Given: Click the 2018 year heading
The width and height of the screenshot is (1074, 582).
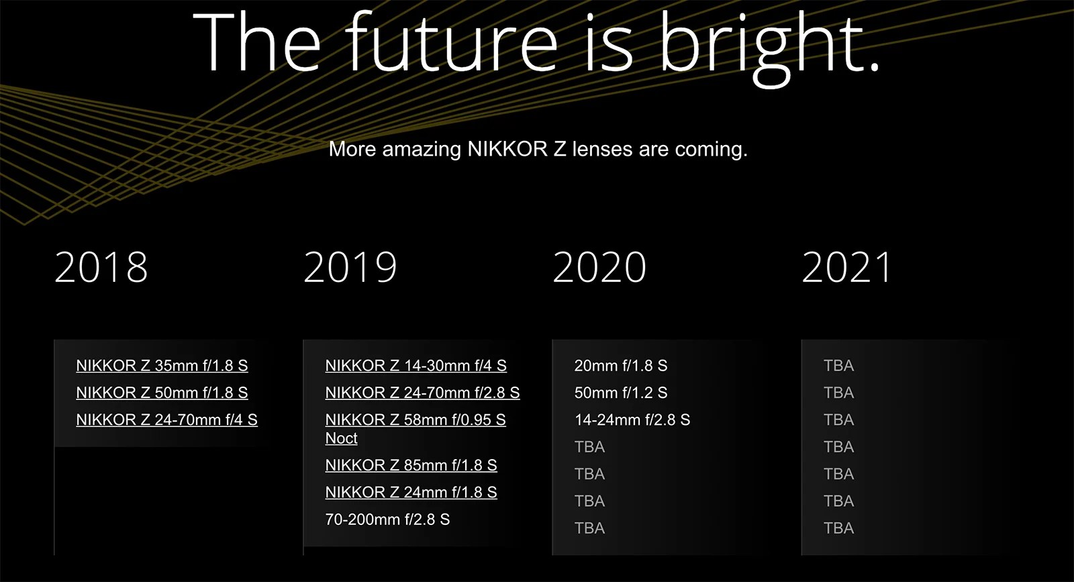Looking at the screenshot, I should pyautogui.click(x=101, y=267).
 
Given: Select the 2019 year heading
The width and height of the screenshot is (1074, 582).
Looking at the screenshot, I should pyautogui.click(x=350, y=267).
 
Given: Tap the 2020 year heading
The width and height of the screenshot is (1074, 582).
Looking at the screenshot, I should pyautogui.click(x=599, y=267).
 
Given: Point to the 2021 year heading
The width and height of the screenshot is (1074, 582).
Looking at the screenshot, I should pyautogui.click(x=847, y=267).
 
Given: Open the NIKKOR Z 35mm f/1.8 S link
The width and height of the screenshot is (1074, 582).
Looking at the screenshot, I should pyautogui.click(x=162, y=366).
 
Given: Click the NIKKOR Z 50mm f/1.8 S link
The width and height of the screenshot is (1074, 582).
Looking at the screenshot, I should pyautogui.click(x=162, y=393).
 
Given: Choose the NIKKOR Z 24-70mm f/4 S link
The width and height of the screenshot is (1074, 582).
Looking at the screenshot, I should pyautogui.click(x=166, y=420).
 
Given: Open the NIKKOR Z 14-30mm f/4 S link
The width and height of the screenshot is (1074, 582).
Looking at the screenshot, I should pyautogui.click(x=416, y=366).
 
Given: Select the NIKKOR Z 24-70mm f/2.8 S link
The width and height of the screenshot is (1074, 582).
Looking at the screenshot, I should pyautogui.click(x=422, y=393).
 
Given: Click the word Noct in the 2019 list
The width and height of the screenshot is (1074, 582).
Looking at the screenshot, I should pyautogui.click(x=341, y=438).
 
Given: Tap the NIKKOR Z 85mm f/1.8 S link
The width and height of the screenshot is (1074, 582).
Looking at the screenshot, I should pyautogui.click(x=411, y=465).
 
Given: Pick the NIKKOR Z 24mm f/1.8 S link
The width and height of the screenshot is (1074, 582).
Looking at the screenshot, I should pyautogui.click(x=411, y=493).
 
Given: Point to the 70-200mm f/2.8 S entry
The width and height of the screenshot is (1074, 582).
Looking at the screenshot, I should pyautogui.click(x=387, y=520).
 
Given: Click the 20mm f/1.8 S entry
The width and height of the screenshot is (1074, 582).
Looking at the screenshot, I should pyautogui.click(x=621, y=366).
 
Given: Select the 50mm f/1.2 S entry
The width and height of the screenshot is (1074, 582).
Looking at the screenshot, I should pyautogui.click(x=621, y=393).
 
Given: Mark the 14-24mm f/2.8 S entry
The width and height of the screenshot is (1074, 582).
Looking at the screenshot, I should pyautogui.click(x=632, y=420).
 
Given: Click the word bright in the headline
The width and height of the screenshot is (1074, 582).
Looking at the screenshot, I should pyautogui.click(x=769, y=44).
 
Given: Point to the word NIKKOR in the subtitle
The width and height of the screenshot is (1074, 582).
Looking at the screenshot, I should pyautogui.click(x=507, y=149).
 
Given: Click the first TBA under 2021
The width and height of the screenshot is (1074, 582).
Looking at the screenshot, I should pyautogui.click(x=838, y=366).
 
